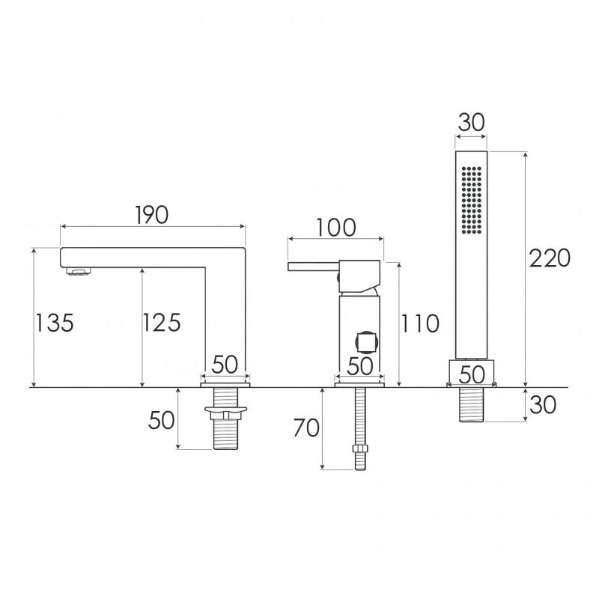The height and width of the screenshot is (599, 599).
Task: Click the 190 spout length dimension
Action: pyautogui.click(x=152, y=215)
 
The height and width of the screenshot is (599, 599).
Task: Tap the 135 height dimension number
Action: pyautogui.click(x=54, y=323)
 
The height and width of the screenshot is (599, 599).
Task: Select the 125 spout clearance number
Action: pyautogui.click(x=162, y=323)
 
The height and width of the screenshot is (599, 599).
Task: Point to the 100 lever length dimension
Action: pyautogui.click(x=336, y=228)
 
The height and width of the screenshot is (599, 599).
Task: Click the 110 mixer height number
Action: pyautogui.click(x=420, y=323)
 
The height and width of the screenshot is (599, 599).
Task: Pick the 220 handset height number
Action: pyautogui.click(x=550, y=258)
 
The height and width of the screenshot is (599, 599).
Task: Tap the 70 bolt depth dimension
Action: pyautogui.click(x=306, y=428)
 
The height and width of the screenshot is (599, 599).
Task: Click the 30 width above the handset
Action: pyautogui.click(x=471, y=123)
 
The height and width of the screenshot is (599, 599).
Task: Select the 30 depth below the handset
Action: pyautogui.click(x=543, y=404)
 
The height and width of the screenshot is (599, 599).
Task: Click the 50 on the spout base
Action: pyautogui.click(x=225, y=365)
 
